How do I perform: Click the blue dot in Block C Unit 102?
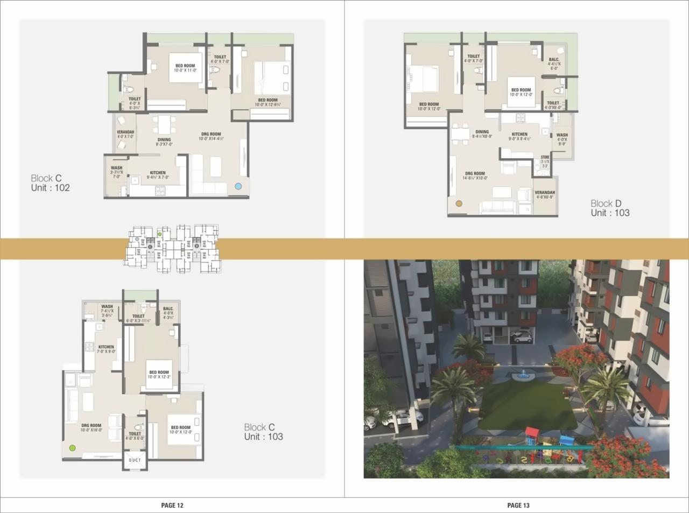pos(238,186)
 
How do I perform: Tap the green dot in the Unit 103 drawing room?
pos(72,447)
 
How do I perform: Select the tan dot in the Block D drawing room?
pos(459,204)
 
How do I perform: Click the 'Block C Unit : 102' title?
pos(50,183)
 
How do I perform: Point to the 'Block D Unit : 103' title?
pos(609,208)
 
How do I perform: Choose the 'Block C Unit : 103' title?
pos(263,432)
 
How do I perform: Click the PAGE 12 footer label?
pos(172,505)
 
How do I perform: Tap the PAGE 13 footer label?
pos(518,505)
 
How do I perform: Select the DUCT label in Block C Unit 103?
pos(135,460)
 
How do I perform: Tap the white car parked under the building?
pos(521,337)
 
